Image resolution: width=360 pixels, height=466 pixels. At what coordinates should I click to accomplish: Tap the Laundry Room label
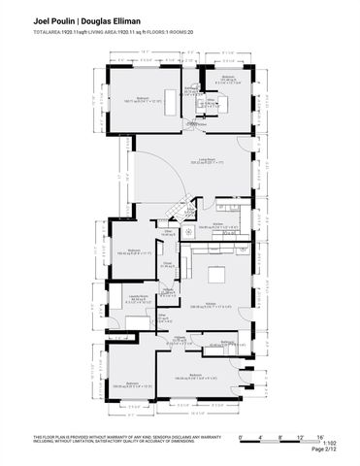click(x=139, y=298)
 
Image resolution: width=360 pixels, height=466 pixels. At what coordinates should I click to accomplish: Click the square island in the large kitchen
click(x=214, y=273)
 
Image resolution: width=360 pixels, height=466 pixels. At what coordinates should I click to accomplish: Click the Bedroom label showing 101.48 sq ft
click(x=229, y=80)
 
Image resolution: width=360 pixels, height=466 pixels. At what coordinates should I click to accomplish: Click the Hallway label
click(x=180, y=339)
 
